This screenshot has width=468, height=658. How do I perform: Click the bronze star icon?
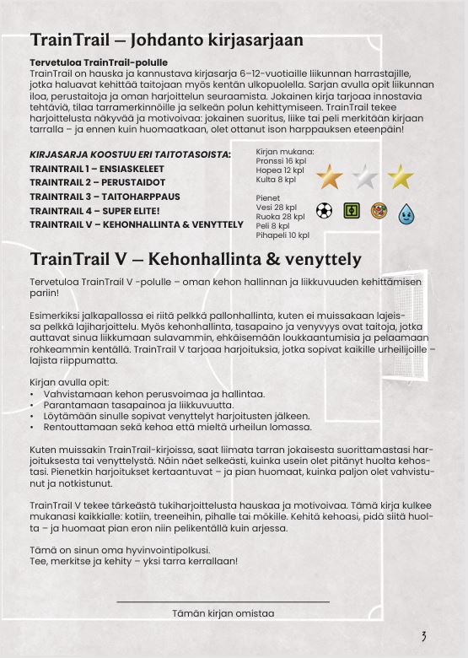pyautogui.click(x=329, y=178)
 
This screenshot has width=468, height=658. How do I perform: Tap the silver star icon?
pyautogui.click(x=364, y=178)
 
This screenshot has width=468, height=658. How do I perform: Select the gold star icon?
pyautogui.click(x=401, y=178)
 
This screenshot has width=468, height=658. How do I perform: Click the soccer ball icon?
pyautogui.click(x=324, y=210)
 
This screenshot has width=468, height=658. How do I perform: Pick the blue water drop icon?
pyautogui.click(x=406, y=211)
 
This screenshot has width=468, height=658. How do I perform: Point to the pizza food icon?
pyautogui.click(x=379, y=210)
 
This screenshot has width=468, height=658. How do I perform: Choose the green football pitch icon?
pyautogui.click(x=352, y=210)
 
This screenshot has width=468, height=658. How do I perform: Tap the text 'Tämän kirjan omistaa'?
pyautogui.click(x=223, y=613)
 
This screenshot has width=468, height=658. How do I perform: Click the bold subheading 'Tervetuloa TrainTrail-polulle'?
pyautogui.click(x=99, y=63)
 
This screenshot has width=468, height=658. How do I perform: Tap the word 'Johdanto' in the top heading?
pyautogui.click(x=153, y=40)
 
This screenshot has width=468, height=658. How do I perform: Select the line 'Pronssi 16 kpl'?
pyautogui.click(x=281, y=161)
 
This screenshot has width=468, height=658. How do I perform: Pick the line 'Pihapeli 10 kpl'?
pyautogui.click(x=282, y=235)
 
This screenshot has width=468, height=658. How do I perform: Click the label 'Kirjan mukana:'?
pyautogui.click(x=282, y=152)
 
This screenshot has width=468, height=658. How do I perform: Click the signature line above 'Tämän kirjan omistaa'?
pyautogui.click(x=223, y=601)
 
